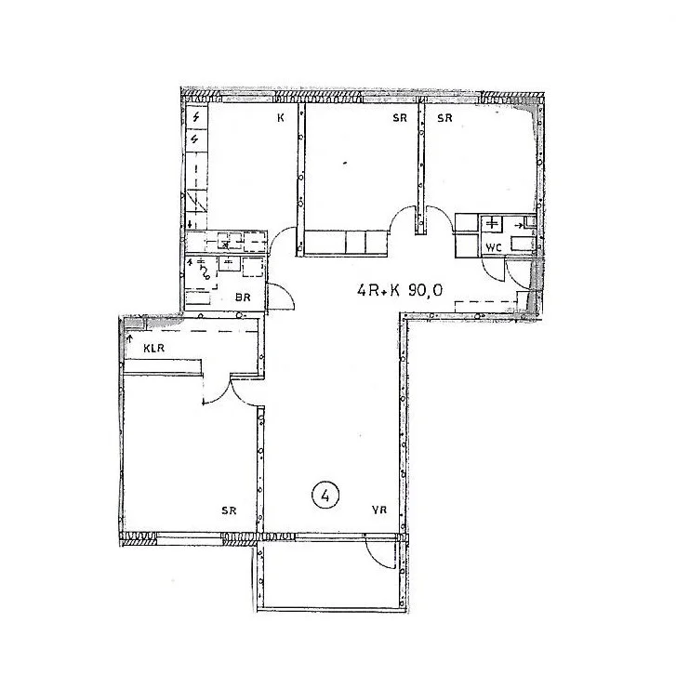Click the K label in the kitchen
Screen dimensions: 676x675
(x=281, y=118)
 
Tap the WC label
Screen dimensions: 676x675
(x=494, y=248)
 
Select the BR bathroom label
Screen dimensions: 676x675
(x=243, y=297)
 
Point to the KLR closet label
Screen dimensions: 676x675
(x=154, y=348)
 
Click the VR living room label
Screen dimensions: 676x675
(x=379, y=510)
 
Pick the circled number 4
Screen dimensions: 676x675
(x=325, y=496)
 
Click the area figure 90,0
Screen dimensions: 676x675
(x=425, y=290)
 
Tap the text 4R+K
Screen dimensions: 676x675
(x=378, y=290)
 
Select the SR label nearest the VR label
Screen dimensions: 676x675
(x=229, y=510)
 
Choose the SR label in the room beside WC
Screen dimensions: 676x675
(x=444, y=118)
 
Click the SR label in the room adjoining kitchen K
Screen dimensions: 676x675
(x=400, y=118)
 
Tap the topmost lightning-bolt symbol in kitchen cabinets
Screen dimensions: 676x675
(x=196, y=116)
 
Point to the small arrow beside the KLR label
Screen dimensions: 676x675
(x=129, y=338)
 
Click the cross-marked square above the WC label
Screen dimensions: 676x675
(x=492, y=224)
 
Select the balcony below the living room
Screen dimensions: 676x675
(x=332, y=575)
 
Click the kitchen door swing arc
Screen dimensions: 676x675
(x=280, y=236)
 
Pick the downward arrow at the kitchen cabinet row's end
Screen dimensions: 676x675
(x=190, y=224)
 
